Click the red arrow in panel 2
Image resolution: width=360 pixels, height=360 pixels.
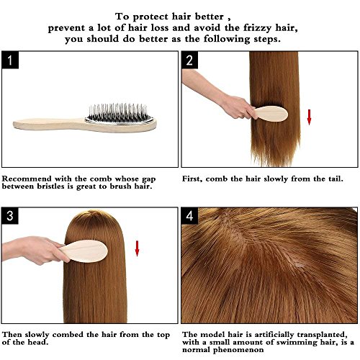tap(309, 115)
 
